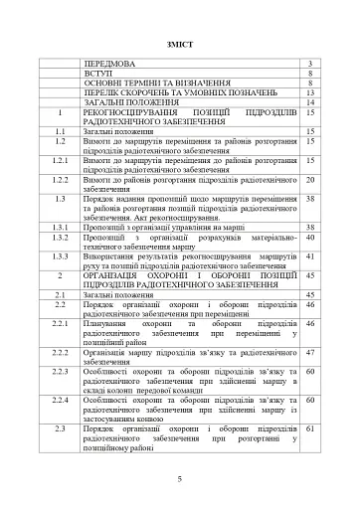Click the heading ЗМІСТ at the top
[180, 45]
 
